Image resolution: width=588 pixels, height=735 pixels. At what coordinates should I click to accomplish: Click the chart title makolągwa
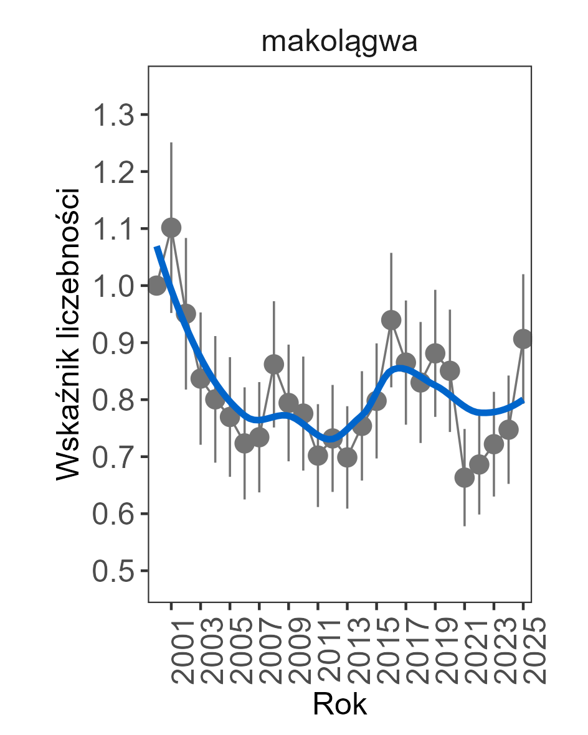click(339, 44)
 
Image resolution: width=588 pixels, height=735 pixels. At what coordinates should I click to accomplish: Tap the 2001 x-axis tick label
click(186, 650)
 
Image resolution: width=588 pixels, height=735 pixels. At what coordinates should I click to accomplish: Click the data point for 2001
click(171, 228)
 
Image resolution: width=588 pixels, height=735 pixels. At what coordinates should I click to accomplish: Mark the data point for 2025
click(523, 339)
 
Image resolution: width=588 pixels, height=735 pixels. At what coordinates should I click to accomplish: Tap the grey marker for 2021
click(465, 477)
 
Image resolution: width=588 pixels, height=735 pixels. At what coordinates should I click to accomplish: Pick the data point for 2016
click(391, 320)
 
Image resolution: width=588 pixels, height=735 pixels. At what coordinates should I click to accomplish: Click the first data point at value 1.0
click(157, 285)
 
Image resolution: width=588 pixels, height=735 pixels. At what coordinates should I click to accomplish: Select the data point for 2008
click(274, 364)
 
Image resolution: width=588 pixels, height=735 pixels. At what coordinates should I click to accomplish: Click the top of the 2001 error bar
click(171, 143)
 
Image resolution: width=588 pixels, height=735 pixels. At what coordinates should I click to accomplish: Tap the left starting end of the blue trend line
click(157, 247)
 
